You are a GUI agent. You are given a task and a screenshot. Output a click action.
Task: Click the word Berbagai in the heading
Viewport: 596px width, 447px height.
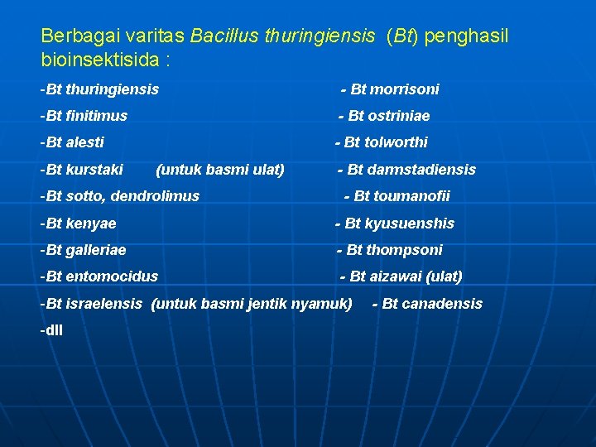(x=73, y=36)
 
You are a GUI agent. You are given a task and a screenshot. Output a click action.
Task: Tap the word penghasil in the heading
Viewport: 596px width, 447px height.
(x=469, y=36)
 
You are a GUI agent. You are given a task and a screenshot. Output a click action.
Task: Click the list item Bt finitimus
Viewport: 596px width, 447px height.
(x=84, y=116)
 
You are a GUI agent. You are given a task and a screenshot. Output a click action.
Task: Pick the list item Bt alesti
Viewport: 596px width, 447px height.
(x=72, y=142)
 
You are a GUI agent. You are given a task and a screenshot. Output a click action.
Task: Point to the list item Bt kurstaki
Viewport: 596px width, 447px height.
(x=81, y=170)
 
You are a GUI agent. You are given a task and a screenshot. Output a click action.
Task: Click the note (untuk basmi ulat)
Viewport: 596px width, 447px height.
(x=220, y=170)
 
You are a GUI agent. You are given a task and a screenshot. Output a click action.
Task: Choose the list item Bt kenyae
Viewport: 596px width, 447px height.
(x=78, y=223)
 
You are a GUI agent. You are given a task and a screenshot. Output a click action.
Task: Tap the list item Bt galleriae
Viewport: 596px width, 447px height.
(x=83, y=250)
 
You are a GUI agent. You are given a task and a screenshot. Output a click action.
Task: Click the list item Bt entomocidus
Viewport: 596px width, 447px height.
(x=99, y=276)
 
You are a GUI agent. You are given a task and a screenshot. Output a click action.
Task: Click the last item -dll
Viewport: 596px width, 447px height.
(x=51, y=330)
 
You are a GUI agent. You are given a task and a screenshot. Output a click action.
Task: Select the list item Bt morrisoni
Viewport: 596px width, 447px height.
(x=390, y=89)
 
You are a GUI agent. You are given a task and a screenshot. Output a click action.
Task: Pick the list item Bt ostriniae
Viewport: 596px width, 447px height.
(x=384, y=116)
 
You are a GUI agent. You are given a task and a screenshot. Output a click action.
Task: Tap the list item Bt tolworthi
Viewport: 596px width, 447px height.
(x=382, y=142)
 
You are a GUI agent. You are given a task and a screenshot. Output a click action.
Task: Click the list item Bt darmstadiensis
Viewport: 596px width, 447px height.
(x=406, y=170)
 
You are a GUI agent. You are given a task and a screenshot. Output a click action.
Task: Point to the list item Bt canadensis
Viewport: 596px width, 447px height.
(x=428, y=304)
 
